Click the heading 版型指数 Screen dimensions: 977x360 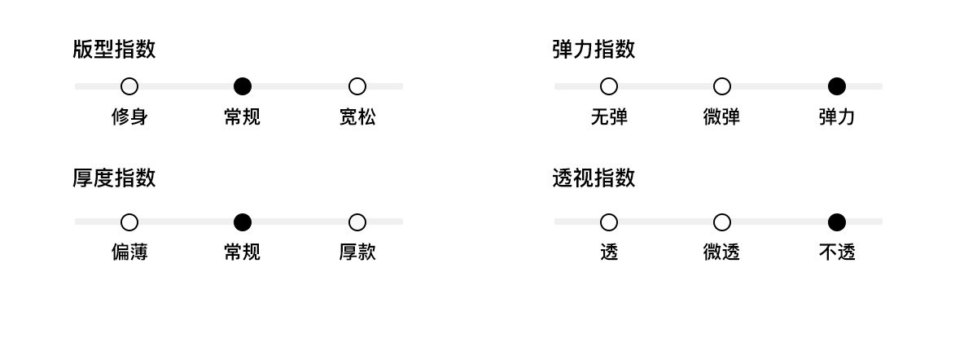tap(114, 50)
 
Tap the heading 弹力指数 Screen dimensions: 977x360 tap(594, 50)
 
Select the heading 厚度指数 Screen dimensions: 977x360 tap(114, 178)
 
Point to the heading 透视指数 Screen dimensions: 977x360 tap(594, 178)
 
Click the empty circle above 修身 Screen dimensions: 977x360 tap(129, 86)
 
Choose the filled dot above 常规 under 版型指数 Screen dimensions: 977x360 tap(243, 86)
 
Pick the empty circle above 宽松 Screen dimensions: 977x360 tap(357, 86)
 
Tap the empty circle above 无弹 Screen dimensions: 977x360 tap(609, 86)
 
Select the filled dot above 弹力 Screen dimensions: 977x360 tap(836, 86)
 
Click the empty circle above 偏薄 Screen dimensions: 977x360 tap(129, 222)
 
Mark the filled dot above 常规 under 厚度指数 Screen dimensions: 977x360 tap(243, 222)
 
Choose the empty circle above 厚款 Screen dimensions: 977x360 tap(357, 222)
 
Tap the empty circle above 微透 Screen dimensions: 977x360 tap(721, 222)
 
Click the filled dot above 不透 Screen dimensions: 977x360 tap(836, 222)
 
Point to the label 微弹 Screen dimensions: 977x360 tap(721, 117)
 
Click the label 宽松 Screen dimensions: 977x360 tap(357, 117)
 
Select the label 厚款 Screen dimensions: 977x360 tap(357, 252)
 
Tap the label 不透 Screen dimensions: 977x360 tap(836, 252)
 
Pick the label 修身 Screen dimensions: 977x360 tap(129, 117)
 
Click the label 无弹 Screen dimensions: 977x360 tap(609, 117)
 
